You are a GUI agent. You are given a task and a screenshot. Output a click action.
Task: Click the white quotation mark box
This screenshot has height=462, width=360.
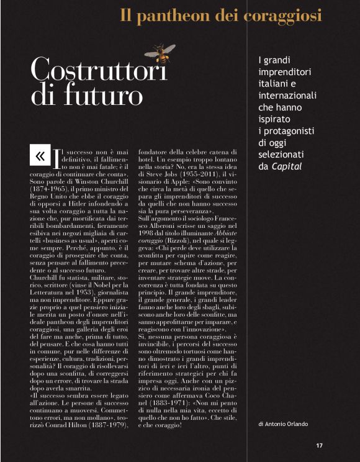(40, 156)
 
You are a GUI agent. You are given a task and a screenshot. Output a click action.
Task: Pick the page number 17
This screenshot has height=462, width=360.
(319, 445)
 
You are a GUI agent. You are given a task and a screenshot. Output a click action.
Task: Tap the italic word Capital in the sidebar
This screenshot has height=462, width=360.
(286, 166)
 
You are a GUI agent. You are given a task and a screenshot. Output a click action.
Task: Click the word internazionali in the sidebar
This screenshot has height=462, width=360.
(287, 96)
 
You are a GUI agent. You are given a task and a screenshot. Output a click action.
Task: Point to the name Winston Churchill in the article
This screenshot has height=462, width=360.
(101, 185)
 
